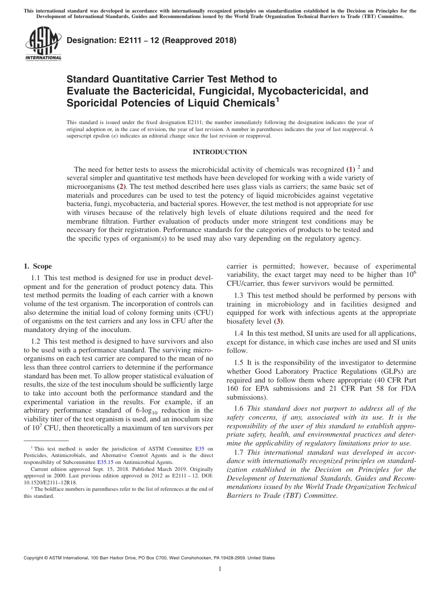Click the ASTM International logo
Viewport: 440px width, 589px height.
[43, 44]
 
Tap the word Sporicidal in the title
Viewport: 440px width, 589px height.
[89, 103]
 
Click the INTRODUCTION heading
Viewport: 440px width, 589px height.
[220, 152]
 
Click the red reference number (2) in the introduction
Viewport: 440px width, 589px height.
[121, 187]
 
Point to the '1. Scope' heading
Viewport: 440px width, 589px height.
[38, 266]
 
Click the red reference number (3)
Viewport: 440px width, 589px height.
[278, 321]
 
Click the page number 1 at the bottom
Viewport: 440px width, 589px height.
[220, 569]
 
